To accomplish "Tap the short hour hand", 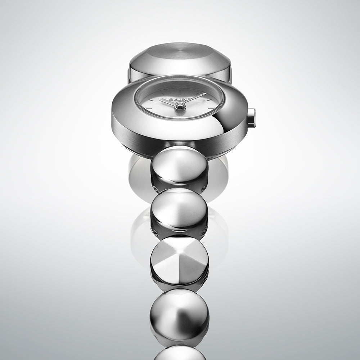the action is (x=170, y=102).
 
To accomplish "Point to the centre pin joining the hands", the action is (x=180, y=105).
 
